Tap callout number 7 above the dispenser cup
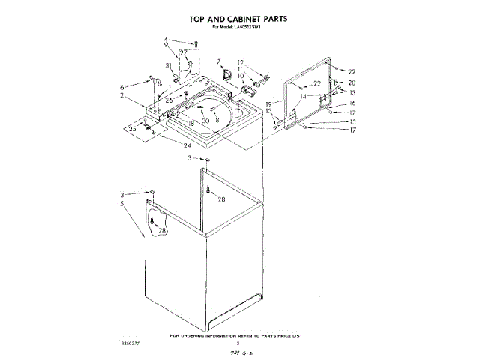218,61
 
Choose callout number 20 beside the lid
352,82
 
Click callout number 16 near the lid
352,103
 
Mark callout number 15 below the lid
352,121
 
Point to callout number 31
169,67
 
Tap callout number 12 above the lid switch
241,62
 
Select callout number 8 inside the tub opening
217,119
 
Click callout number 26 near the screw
169,100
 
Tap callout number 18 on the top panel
191,121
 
